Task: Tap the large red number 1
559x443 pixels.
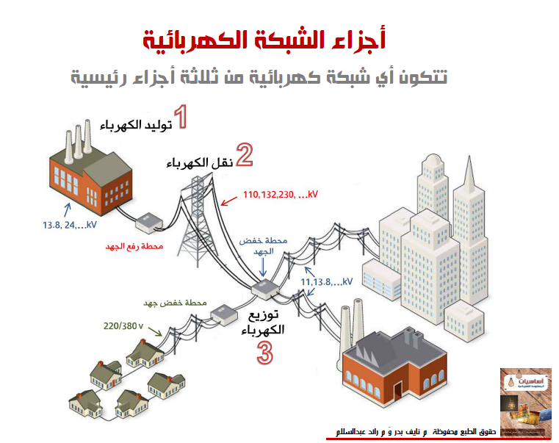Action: [x=180, y=118]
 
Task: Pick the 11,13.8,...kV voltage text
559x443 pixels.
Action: [x=327, y=281]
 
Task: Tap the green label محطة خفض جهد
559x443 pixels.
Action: [x=182, y=303]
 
